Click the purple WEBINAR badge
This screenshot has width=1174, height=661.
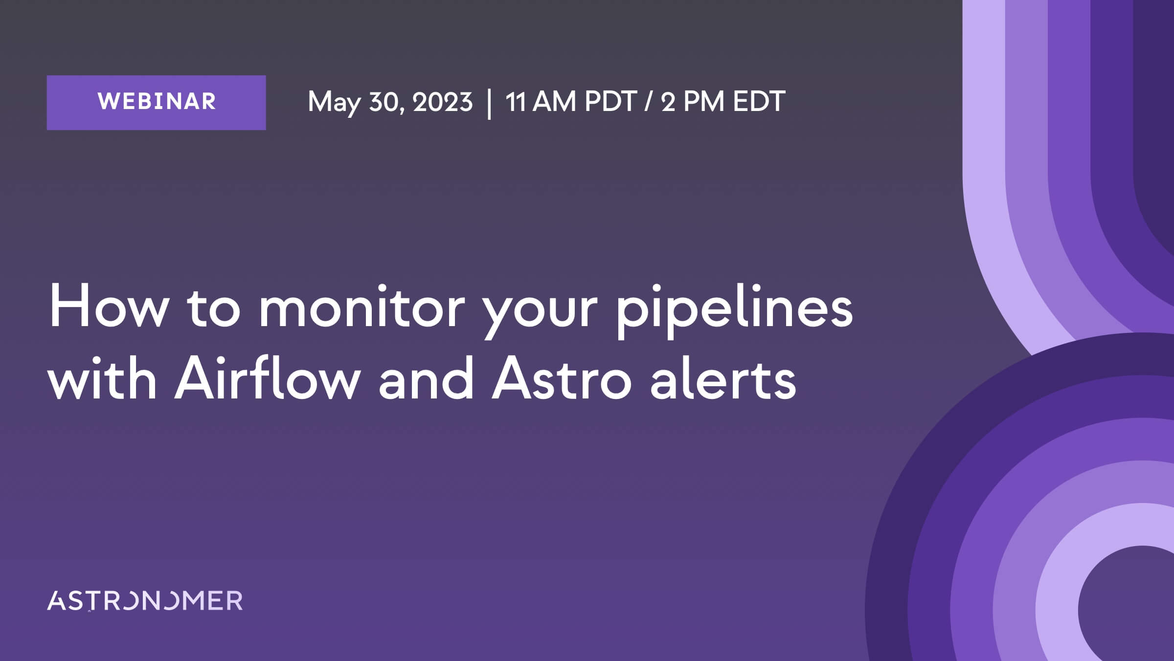point(157,103)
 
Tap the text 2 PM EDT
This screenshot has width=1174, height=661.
point(723,102)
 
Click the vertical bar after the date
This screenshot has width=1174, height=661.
point(489,103)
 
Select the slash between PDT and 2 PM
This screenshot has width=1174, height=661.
point(649,102)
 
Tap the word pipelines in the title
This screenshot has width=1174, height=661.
point(734,310)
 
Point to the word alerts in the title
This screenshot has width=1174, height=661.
point(723,378)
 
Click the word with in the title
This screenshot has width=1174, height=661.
point(103,378)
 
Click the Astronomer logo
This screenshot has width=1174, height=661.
point(145,600)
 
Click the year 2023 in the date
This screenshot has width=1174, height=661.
point(443,102)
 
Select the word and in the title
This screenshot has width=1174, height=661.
point(426,378)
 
